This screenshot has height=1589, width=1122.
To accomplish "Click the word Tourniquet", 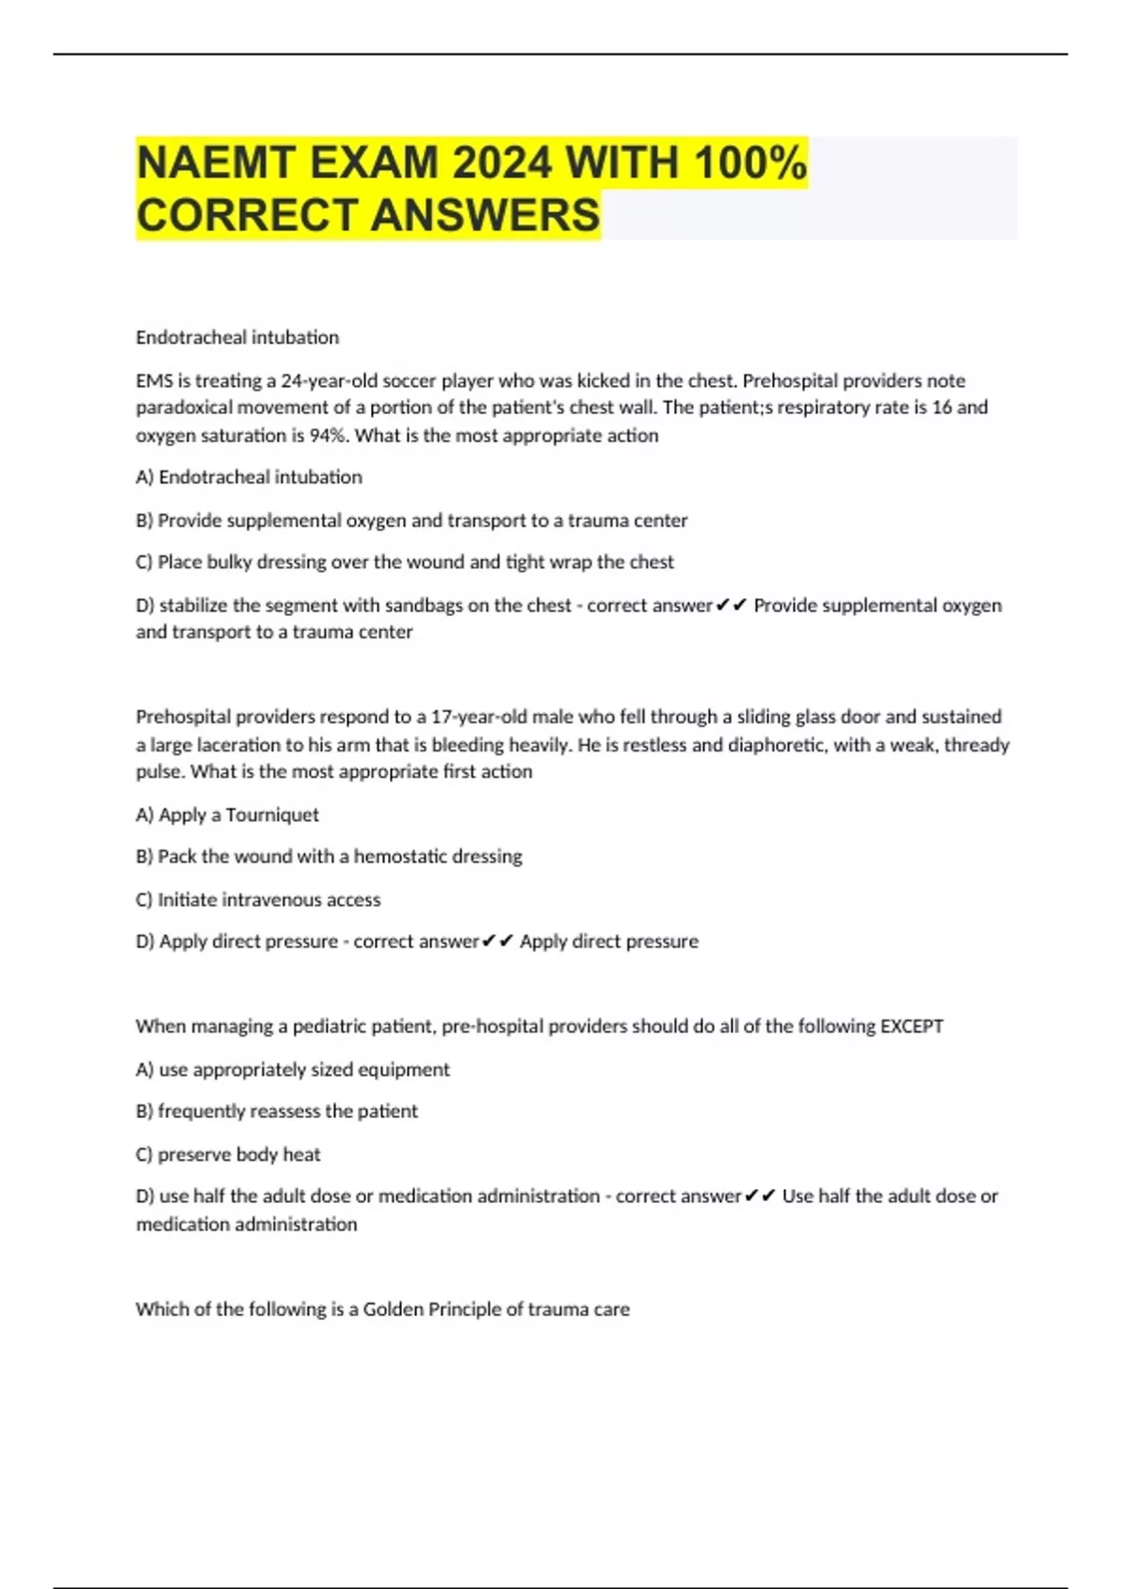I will pos(272,815).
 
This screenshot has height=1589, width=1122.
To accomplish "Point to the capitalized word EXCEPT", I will pos(912,1026).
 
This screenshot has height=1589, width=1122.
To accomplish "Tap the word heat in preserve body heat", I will pos(301,1154).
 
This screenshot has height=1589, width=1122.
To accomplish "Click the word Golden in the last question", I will pos(393,1310).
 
